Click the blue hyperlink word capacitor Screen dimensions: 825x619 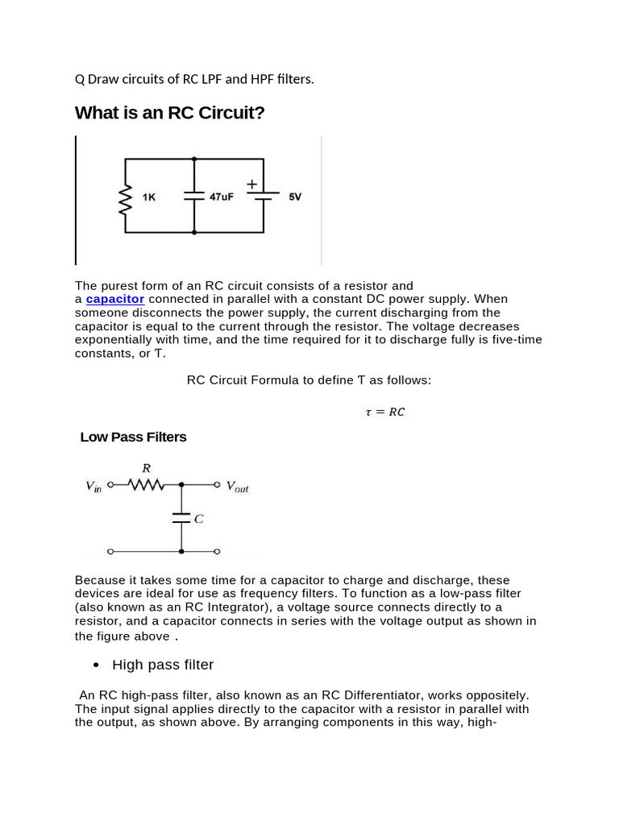click(x=115, y=299)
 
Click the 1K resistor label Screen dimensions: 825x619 click(x=149, y=197)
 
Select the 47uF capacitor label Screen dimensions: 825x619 click(x=222, y=197)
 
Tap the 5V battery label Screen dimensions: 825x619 click(x=295, y=197)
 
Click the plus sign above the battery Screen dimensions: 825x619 click(x=251, y=184)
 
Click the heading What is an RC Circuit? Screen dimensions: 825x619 click(x=169, y=113)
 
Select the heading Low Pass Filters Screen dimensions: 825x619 click(x=133, y=437)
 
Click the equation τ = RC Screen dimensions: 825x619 click(x=384, y=412)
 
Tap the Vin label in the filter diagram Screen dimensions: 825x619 click(x=93, y=486)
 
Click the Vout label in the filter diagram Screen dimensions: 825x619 click(x=237, y=487)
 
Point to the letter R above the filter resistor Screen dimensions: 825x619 click(x=146, y=467)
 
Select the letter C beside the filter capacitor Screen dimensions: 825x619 click(x=198, y=520)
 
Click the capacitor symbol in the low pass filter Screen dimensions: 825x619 click(x=181, y=518)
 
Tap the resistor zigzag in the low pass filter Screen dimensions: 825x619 click(x=146, y=485)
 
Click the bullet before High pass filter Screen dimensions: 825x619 click(x=97, y=665)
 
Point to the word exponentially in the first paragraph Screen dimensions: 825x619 click(x=114, y=340)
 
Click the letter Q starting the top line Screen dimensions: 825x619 click(x=79, y=79)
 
